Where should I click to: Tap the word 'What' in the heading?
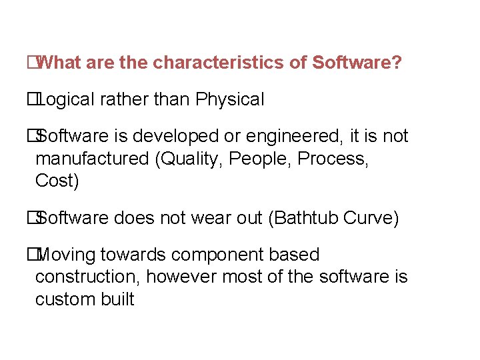57,63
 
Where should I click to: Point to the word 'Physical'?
230,100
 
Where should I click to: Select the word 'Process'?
333,159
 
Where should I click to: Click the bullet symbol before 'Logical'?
31,100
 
